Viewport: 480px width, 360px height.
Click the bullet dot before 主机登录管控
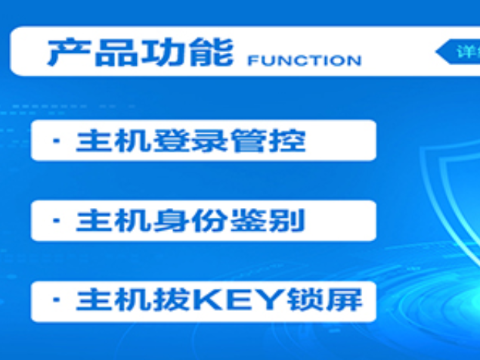tap(56, 141)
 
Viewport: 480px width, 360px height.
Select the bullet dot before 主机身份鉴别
tap(56, 221)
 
